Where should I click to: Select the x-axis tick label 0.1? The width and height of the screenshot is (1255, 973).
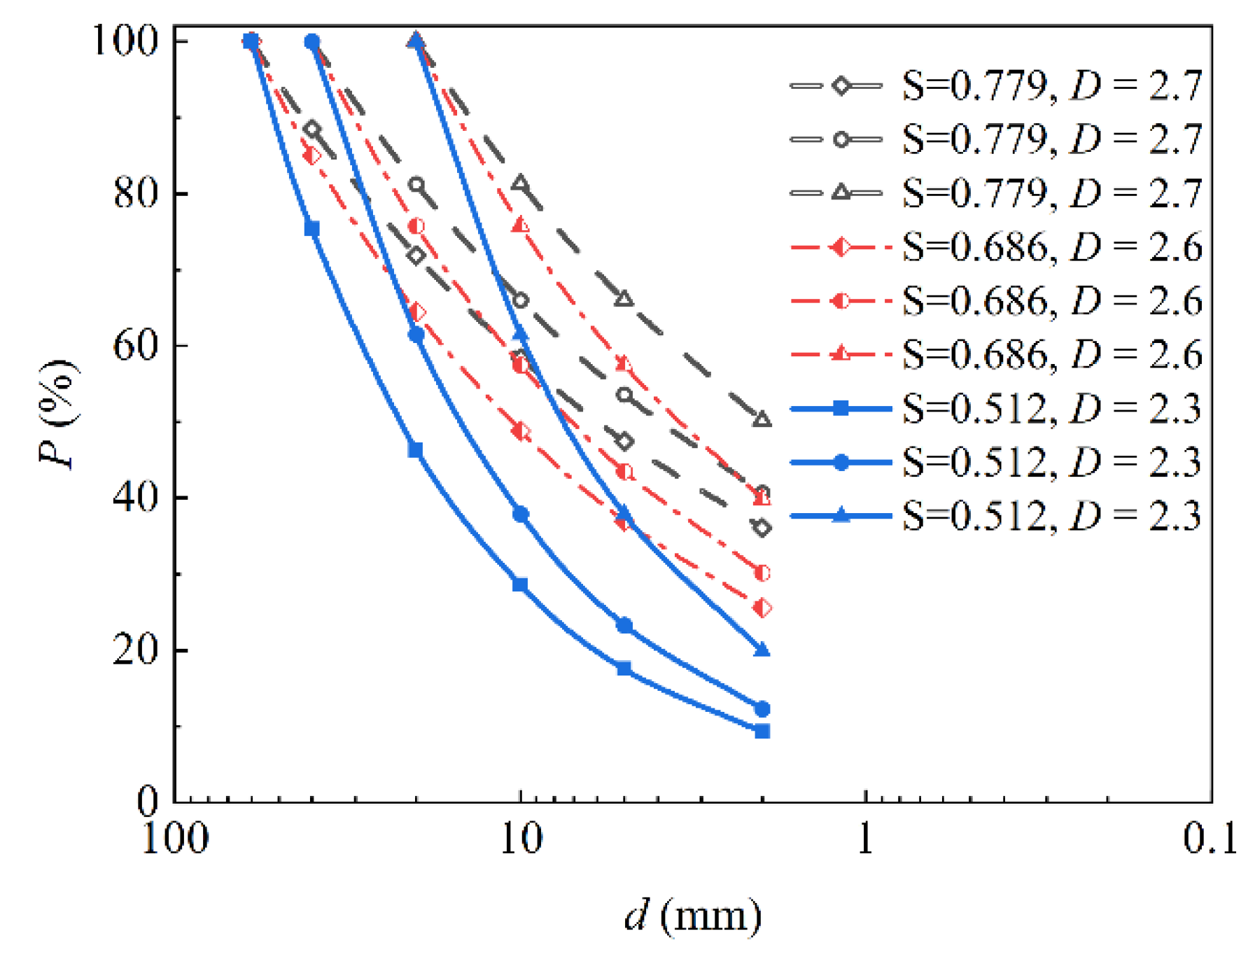(x=1210, y=837)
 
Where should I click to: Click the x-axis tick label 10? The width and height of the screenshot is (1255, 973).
(x=520, y=837)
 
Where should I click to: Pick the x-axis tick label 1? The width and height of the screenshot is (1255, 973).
(x=865, y=837)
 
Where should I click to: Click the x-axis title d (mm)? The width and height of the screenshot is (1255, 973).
(x=692, y=916)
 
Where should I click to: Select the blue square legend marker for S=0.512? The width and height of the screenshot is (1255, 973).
(x=841, y=408)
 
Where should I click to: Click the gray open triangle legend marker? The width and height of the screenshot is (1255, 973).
(x=841, y=192)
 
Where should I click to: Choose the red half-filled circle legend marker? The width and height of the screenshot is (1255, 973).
(x=841, y=301)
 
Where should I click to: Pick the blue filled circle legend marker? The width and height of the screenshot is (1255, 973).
(x=841, y=462)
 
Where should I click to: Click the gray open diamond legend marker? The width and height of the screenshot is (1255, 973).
(x=841, y=85)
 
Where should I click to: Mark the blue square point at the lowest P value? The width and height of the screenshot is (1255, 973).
(x=762, y=731)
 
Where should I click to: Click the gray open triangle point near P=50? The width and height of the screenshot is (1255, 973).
(x=762, y=420)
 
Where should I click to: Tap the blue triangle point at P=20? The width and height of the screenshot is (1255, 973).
(x=762, y=650)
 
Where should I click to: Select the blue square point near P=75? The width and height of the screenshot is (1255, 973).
(x=312, y=229)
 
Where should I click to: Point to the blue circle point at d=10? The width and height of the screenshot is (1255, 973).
(x=520, y=514)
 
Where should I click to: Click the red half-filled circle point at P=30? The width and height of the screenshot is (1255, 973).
(x=762, y=573)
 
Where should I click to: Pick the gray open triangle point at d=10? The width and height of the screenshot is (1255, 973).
(x=520, y=184)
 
